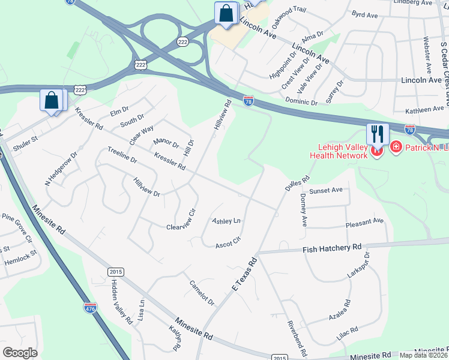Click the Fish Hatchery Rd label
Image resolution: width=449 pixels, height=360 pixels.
(x=332, y=247)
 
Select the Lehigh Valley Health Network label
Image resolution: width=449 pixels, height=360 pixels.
(x=338, y=152)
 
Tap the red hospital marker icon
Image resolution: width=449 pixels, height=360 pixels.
(x=396, y=147)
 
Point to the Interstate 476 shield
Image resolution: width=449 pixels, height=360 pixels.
(x=90, y=308)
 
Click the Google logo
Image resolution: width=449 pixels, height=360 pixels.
(x=20, y=353)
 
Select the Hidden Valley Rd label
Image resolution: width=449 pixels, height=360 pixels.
(x=121, y=302)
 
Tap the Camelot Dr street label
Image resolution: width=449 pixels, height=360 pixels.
(x=202, y=293)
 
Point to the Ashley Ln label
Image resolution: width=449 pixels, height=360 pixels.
(x=226, y=221)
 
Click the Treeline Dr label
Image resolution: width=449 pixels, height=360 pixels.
(x=122, y=155)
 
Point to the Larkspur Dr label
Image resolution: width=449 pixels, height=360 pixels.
(x=358, y=265)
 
